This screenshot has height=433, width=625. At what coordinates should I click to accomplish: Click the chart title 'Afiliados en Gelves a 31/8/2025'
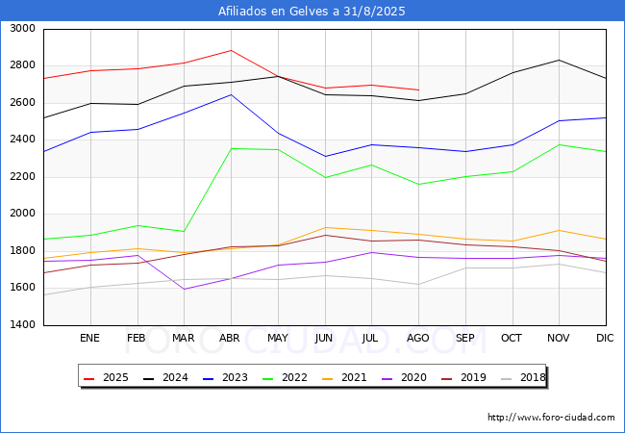[312, 12]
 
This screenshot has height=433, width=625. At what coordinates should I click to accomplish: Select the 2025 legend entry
[107, 377]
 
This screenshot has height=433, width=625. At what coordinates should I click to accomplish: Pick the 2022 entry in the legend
[286, 377]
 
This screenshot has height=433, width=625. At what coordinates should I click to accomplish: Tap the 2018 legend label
[523, 377]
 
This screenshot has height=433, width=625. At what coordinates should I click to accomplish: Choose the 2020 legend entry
[405, 377]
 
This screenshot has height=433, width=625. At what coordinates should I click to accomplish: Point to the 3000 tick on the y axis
[23, 29]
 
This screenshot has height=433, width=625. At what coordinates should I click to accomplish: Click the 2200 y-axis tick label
[23, 177]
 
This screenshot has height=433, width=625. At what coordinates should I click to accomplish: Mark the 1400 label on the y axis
[23, 324]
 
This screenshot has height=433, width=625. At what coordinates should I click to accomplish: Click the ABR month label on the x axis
[230, 338]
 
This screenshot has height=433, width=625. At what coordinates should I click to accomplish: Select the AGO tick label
[417, 338]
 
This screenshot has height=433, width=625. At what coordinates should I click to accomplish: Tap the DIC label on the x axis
[605, 338]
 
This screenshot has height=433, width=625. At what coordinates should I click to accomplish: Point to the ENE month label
[89, 338]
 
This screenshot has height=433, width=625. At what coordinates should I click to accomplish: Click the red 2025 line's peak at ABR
[231, 51]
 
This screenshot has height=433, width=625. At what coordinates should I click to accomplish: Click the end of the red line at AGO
[418, 90]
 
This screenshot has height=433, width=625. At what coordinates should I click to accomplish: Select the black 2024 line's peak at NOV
[560, 61]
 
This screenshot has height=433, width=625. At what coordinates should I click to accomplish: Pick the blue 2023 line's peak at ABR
[231, 95]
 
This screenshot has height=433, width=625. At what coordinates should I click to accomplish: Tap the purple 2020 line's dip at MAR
[185, 289]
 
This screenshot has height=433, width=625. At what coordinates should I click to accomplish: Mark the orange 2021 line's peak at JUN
[325, 228]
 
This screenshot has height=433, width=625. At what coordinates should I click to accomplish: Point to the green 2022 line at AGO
[418, 184]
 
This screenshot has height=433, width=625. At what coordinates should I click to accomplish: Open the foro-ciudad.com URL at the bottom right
[551, 418]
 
